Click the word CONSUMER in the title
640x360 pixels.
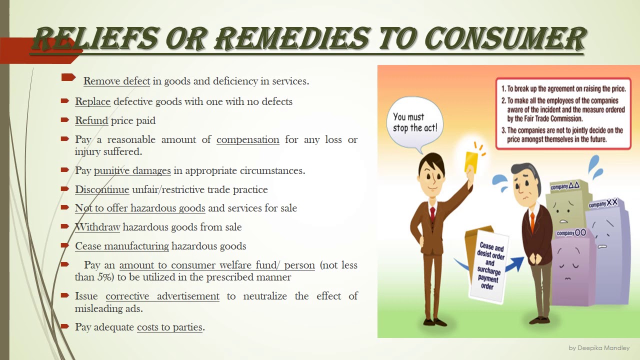pyautogui.click(x=505, y=39)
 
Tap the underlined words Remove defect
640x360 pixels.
pyautogui.click(x=116, y=81)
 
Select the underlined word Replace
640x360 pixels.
pyautogui.click(x=92, y=101)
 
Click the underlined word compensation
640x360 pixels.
pyautogui.click(x=247, y=139)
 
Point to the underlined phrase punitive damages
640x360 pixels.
pyautogui.click(x=132, y=170)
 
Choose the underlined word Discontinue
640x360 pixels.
pyautogui.click(x=102, y=189)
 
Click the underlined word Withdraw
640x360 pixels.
pyautogui.click(x=97, y=227)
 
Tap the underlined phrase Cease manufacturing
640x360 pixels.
pyautogui.click(x=122, y=246)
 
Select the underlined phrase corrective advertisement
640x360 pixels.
pyautogui.click(x=162, y=296)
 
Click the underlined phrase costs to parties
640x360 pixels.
pyautogui.click(x=169, y=327)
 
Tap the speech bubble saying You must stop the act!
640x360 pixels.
pyautogui.click(x=414, y=123)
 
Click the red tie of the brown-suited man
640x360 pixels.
pyautogui.click(x=432, y=214)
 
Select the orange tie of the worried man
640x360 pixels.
pyautogui.click(x=532, y=219)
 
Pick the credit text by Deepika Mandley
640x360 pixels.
pyautogui.click(x=599, y=348)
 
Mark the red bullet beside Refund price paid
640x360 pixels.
pyautogui.click(x=64, y=120)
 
